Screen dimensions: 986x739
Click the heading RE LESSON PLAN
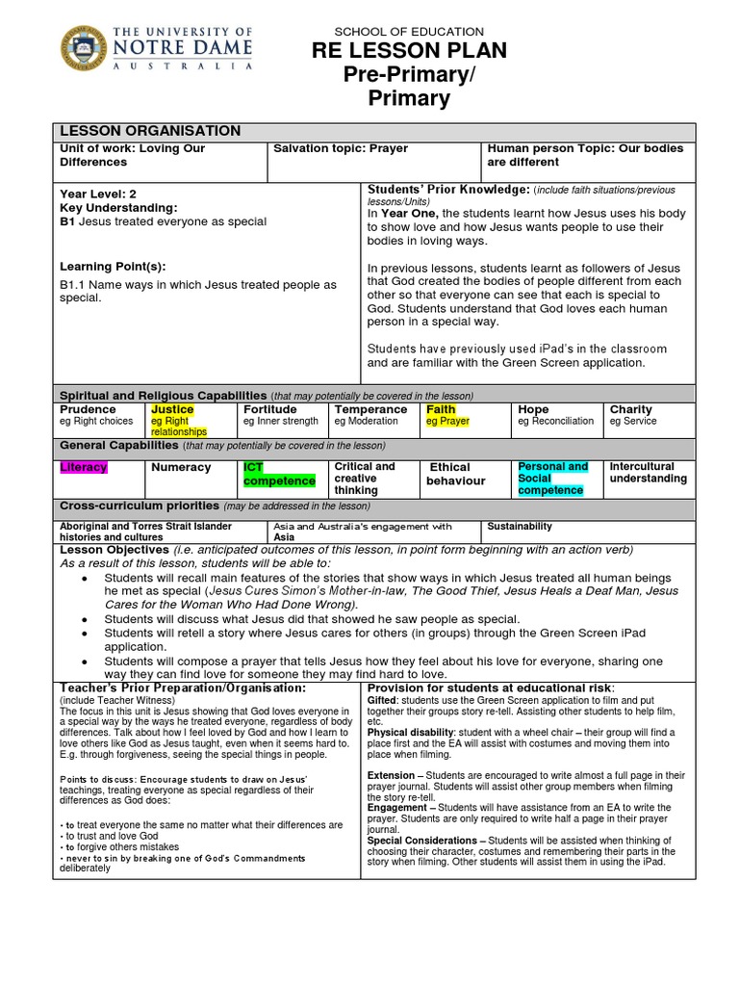click(x=416, y=51)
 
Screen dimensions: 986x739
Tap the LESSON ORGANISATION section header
click(x=151, y=131)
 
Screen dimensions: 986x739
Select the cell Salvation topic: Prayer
click(x=341, y=149)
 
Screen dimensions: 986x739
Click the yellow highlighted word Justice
click(x=172, y=409)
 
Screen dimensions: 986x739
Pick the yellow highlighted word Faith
click(x=442, y=409)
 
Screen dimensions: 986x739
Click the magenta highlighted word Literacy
click(x=84, y=467)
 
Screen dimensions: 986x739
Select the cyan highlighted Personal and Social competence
click(x=552, y=479)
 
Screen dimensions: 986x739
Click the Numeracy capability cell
click(x=180, y=467)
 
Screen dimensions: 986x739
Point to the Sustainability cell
click(x=520, y=527)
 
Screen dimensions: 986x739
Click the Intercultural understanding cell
click(x=648, y=473)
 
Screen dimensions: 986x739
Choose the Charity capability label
click(x=630, y=409)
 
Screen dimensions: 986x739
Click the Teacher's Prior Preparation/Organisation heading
click(x=183, y=688)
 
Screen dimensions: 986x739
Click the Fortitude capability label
click(x=269, y=409)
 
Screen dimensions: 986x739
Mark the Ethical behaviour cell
click(x=456, y=474)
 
